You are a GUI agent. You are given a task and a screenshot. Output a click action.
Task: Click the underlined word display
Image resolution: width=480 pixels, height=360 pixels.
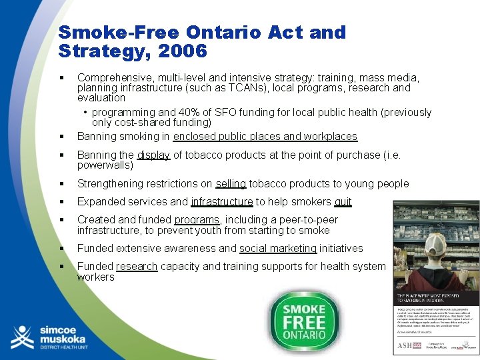pyautogui.click(x=154, y=155)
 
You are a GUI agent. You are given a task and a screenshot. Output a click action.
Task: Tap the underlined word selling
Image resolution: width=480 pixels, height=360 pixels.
pyautogui.click(x=231, y=183)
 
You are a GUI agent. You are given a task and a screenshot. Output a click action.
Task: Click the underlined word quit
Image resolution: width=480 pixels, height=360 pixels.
pyautogui.click(x=343, y=201)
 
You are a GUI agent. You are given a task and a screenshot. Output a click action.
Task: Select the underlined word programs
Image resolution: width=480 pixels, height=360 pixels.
pyautogui.click(x=197, y=219)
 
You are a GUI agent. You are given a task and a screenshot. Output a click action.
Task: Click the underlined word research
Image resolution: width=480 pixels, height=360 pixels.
pyautogui.click(x=137, y=266)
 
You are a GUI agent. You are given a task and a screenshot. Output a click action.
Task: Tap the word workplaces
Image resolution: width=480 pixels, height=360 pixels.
pyautogui.click(x=331, y=136)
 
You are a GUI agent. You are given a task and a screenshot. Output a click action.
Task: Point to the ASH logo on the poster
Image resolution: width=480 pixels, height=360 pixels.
pyautogui.click(x=406, y=345)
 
